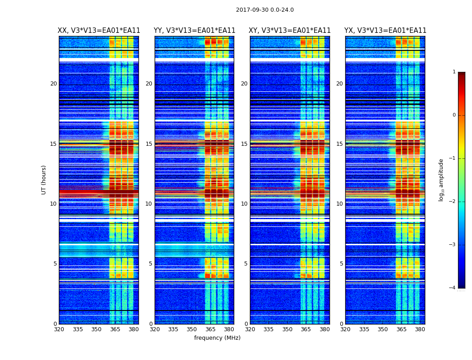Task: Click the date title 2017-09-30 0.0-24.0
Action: (x=265, y=10)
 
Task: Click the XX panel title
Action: (x=99, y=31)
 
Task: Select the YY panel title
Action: (x=194, y=31)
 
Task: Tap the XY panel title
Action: (x=290, y=31)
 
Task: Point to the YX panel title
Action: (x=385, y=31)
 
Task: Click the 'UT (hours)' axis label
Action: (x=44, y=180)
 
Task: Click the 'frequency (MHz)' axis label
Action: (x=217, y=338)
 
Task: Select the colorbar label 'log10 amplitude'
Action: (x=441, y=180)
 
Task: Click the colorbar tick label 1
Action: (x=454, y=72)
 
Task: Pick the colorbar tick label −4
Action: (x=453, y=288)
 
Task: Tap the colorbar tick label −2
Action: (x=453, y=202)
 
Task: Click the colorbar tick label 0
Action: (x=454, y=115)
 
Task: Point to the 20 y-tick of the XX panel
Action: (x=53, y=84)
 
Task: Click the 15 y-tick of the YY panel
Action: (x=149, y=144)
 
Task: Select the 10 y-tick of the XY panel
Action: (x=244, y=204)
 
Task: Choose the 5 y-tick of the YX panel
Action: (x=341, y=264)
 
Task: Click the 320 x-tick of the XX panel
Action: (x=59, y=329)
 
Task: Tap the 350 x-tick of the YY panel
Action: (x=192, y=329)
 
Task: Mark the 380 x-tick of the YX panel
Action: (x=420, y=329)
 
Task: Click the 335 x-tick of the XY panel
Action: (x=268, y=329)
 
